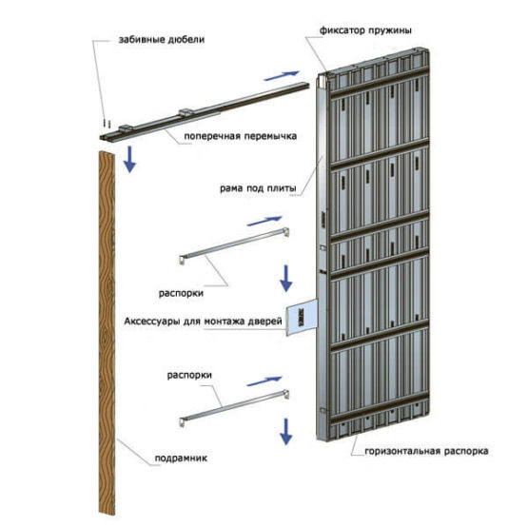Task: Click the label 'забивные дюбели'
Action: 162,40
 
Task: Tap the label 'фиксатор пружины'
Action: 365,30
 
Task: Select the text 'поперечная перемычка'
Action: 240,136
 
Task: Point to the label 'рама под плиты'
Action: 258,188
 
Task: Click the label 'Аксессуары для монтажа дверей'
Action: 203,322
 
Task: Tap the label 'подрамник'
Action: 181,458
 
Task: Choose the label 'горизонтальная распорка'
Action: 426,451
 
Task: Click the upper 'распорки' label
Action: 181,293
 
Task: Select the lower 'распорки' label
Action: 189,375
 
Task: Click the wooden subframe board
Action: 108,333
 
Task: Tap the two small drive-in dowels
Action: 106,124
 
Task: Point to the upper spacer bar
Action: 234,245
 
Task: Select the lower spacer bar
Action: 234,408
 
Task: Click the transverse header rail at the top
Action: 204,111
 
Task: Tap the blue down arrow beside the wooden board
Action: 129,159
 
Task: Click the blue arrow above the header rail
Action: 282,76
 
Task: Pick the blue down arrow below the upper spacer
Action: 286,279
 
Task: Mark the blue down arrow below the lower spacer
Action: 286,431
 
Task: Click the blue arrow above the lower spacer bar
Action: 264,381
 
